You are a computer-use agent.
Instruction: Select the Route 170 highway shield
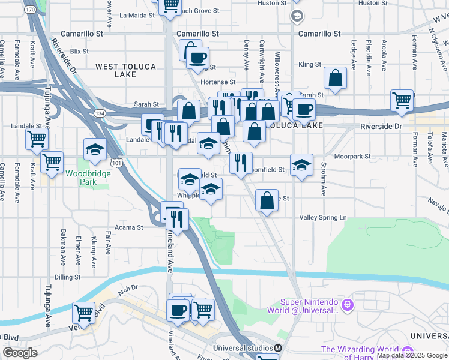(30, 10)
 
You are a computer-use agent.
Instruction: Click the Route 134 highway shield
(99, 113)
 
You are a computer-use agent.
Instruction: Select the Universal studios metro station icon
(278, 348)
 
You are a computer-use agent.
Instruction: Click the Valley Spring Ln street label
(324, 217)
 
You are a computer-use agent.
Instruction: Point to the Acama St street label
(132, 227)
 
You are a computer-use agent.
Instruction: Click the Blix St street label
(79, 52)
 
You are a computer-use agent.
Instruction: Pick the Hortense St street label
(218, 82)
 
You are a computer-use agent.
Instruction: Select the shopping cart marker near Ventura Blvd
(83, 313)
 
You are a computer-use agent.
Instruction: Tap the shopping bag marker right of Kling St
(335, 78)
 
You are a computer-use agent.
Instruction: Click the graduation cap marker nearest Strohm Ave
(301, 164)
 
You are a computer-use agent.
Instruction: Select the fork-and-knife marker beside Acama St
(178, 218)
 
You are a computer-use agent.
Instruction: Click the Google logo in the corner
(20, 353)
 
